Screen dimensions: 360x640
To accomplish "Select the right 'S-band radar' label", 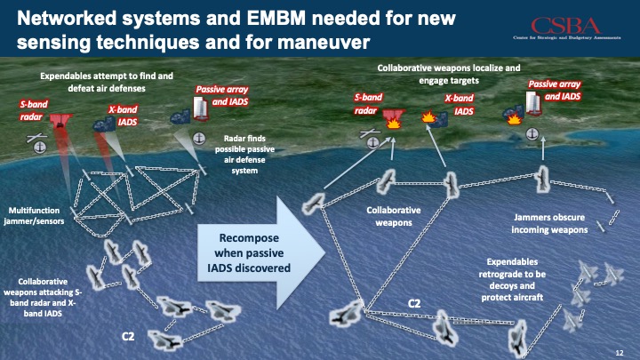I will click(x=366, y=105).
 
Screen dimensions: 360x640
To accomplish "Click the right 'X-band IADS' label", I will click(x=459, y=105).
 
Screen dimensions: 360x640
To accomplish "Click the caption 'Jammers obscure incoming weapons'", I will click(x=550, y=223).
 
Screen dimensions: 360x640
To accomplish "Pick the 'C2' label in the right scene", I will click(x=413, y=304).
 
